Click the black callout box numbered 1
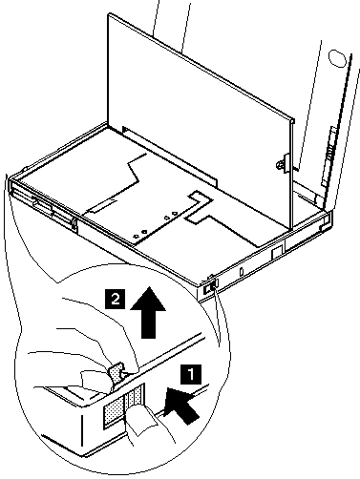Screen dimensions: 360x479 [191, 374]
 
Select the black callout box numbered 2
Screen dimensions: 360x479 [116, 300]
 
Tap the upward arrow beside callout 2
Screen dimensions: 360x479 [148, 312]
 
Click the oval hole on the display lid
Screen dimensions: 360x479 [337, 58]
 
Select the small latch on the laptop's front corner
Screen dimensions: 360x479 [211, 285]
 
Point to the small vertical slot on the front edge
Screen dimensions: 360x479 [242, 271]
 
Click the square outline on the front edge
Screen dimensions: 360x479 [278, 252]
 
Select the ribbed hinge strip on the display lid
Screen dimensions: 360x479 [328, 156]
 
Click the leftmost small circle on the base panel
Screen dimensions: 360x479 [137, 236]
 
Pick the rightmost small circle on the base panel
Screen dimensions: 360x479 [175, 214]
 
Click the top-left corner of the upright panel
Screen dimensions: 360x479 [109, 13]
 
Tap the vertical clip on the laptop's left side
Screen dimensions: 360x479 [74, 224]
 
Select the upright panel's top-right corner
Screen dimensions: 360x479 [293, 120]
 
